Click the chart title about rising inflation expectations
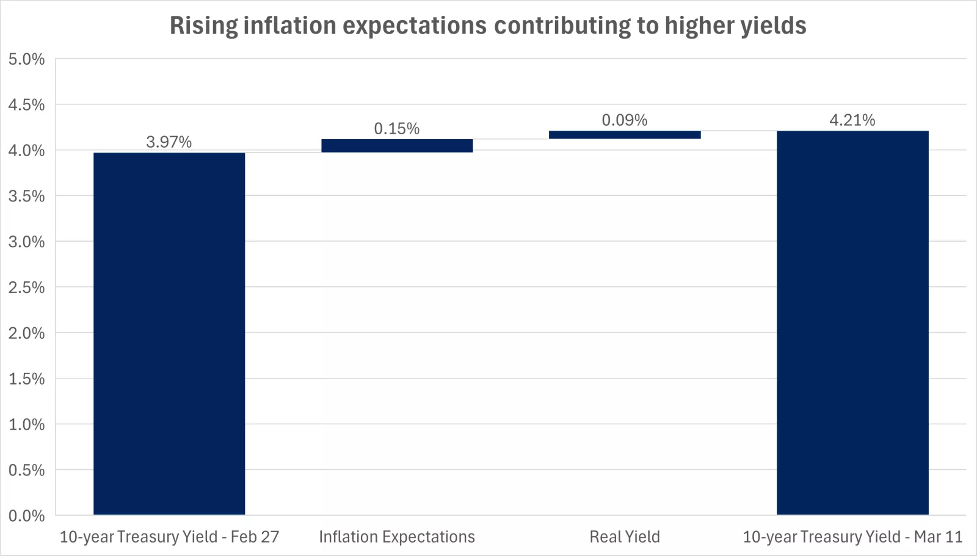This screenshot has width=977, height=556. point(488,26)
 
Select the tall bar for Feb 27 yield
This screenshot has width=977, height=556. point(169,333)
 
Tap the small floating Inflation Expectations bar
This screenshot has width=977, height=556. point(397,145)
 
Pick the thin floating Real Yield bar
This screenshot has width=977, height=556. point(625,135)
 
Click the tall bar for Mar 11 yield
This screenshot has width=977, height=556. point(852,322)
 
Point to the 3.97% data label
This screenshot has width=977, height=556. point(169,142)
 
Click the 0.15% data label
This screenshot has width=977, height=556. point(397,129)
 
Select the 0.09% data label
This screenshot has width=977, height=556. point(625,120)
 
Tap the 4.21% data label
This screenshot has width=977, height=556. point(852,120)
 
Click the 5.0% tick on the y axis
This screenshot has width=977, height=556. point(27,59)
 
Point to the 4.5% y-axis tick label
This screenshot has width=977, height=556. point(27,105)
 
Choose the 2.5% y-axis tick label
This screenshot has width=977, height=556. point(27,287)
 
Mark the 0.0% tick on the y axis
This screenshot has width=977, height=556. point(27,516)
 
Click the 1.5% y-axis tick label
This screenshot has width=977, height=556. point(27,379)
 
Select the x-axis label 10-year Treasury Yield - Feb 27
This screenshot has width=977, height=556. point(169,537)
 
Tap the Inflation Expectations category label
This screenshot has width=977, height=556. point(397,537)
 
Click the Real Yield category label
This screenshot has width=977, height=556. point(625,537)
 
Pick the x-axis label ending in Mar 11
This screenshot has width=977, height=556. point(852,537)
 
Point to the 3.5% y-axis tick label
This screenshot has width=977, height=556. point(27,196)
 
